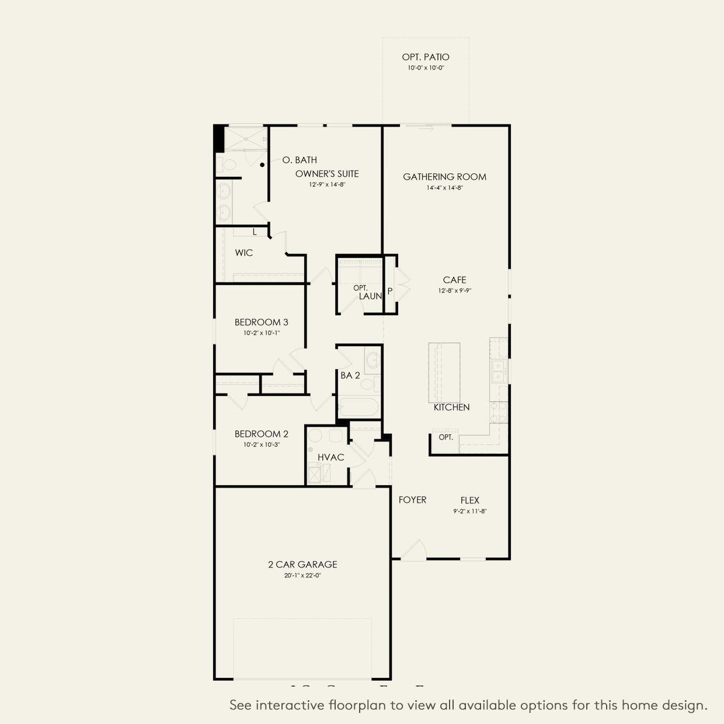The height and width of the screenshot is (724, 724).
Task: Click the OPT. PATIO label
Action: (x=426, y=57)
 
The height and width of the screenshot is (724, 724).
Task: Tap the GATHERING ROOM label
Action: (x=444, y=177)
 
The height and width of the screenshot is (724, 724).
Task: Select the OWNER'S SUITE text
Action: (x=327, y=174)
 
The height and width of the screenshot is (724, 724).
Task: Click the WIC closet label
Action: (x=244, y=253)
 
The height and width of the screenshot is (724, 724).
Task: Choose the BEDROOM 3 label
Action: (x=261, y=322)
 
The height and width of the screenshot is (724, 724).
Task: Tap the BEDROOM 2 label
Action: (x=261, y=434)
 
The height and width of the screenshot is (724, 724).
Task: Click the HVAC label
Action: (x=330, y=457)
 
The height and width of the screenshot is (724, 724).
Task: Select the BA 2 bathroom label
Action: (x=350, y=375)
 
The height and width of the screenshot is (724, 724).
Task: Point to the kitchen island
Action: (x=444, y=372)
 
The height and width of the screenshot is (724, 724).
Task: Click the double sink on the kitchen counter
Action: (x=498, y=371)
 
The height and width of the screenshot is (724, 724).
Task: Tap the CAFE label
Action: (x=454, y=280)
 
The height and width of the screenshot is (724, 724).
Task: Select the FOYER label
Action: (x=412, y=500)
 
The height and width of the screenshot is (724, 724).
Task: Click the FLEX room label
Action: (x=469, y=500)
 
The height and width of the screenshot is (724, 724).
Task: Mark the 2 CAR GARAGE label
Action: (x=302, y=565)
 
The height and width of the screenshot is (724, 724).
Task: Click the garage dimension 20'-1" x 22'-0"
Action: (x=302, y=576)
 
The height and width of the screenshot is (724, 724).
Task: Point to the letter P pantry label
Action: (x=390, y=291)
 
